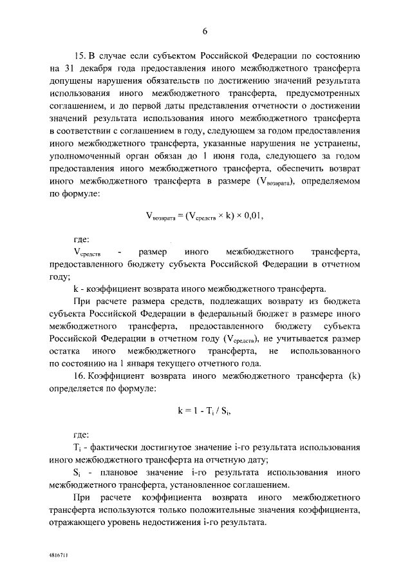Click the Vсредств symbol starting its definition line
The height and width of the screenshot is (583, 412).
point(87,251)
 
